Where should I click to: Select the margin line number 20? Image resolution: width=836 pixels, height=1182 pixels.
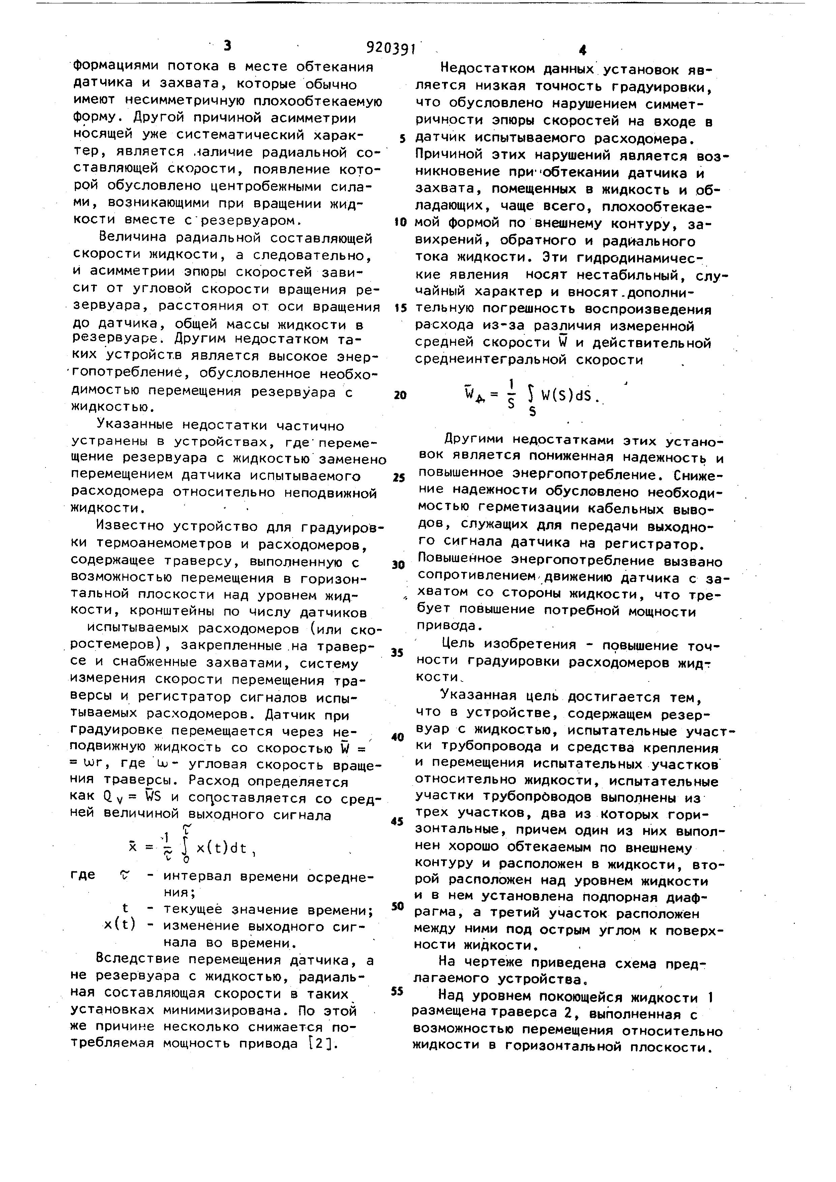pyautogui.click(x=400, y=395)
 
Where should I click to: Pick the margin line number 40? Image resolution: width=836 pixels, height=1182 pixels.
pyautogui.click(x=397, y=737)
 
